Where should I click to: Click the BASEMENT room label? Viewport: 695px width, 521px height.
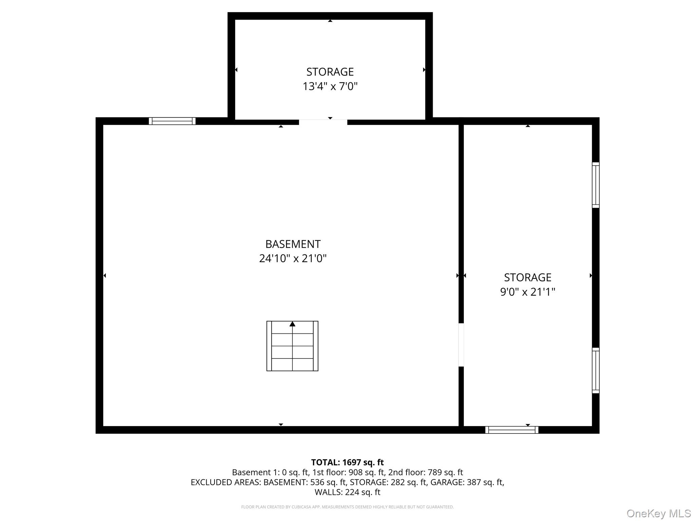pos(293,244)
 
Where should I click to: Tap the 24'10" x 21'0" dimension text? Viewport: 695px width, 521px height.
pos(293,258)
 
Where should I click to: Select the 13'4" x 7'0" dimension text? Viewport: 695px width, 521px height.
pos(330,86)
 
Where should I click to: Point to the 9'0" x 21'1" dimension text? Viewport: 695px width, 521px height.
pos(527,292)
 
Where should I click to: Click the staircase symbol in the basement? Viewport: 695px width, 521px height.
pos(292,346)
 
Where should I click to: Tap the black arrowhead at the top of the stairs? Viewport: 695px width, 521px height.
pos(292,324)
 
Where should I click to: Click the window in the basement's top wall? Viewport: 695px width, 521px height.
pos(172,121)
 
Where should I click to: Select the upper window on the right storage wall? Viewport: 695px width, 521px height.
pos(596,185)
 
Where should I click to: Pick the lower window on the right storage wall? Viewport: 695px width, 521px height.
pos(596,370)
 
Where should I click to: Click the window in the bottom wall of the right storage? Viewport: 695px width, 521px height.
pos(512,430)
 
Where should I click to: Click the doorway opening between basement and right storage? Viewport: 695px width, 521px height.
pos(461,345)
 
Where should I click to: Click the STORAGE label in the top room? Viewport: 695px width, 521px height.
pos(330,72)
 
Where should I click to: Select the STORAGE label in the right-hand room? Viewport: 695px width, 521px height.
pos(527,277)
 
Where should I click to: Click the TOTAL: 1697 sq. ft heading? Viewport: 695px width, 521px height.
pos(347,462)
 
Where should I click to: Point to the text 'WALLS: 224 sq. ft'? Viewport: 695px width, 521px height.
pos(347,492)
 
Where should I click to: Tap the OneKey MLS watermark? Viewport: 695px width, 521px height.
pos(658,513)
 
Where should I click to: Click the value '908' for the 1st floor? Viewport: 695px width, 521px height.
pos(355,472)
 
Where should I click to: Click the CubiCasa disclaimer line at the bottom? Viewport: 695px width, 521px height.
pos(347,507)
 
